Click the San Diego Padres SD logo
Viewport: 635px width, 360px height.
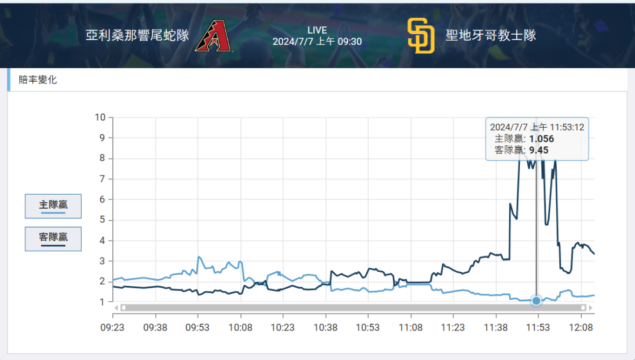[421, 36]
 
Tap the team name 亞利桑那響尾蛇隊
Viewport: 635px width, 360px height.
[138, 35]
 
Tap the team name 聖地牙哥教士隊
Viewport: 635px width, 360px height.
[491, 35]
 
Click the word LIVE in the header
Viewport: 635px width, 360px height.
[317, 30]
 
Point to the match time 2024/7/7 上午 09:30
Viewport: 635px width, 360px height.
[317, 42]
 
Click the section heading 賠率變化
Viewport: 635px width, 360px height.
[38, 80]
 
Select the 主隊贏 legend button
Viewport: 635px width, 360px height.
[53, 205]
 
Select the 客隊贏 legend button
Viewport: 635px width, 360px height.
[53, 238]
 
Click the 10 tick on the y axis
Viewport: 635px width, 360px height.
[100, 117]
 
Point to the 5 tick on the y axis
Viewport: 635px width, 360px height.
[102, 220]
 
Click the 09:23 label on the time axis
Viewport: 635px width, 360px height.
[112, 327]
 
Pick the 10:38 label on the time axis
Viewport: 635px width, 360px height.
[325, 327]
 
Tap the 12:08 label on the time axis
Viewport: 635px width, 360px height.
[581, 327]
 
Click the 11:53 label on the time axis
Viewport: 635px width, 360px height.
[538, 327]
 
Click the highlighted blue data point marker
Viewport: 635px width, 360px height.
[536, 301]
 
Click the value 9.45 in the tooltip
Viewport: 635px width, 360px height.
[539, 150]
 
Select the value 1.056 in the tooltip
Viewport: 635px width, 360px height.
[542, 139]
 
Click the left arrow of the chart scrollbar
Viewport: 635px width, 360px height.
[116, 308]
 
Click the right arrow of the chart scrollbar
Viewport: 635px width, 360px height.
[590, 308]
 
